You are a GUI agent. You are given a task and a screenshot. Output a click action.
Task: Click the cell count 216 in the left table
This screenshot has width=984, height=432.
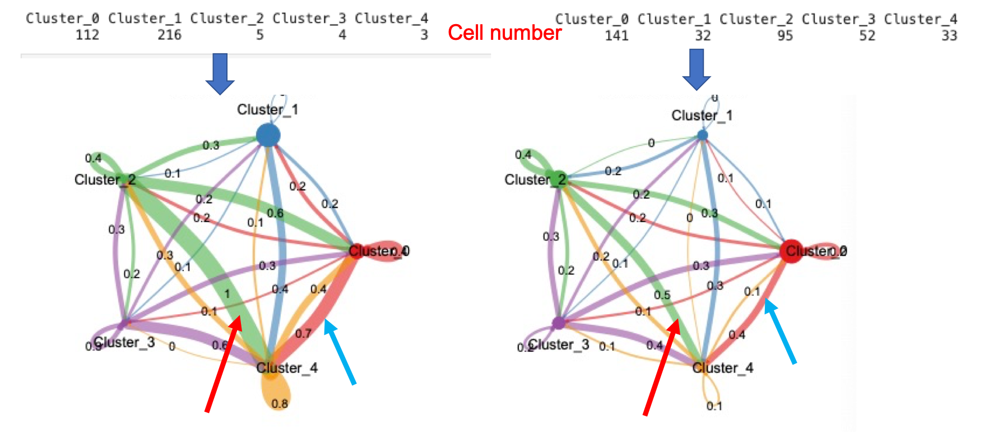[169, 35]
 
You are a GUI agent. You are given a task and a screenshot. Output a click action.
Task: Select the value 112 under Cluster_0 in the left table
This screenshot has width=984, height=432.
[87, 35]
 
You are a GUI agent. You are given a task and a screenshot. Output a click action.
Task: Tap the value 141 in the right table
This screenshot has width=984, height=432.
[616, 35]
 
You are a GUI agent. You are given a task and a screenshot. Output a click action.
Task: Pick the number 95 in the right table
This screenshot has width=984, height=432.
[785, 35]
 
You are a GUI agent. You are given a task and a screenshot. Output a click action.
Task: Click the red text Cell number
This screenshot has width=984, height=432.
[504, 33]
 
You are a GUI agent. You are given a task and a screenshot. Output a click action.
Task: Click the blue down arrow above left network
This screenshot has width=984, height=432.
[220, 73]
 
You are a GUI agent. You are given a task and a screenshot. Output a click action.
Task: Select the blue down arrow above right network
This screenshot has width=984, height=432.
[697, 69]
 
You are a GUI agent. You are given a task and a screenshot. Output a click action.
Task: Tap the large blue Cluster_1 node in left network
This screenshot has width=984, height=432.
[268, 135]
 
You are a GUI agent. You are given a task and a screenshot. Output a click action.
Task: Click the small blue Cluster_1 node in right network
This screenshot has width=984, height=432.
[702, 135]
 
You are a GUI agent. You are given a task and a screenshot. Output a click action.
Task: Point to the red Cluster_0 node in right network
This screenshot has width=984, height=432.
[791, 251]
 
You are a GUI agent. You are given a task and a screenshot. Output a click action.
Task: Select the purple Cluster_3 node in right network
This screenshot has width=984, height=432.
[558, 323]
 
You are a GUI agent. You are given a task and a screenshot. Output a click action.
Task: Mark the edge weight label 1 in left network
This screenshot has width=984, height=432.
[227, 293]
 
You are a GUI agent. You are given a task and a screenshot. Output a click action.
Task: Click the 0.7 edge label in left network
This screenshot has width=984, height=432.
[303, 333]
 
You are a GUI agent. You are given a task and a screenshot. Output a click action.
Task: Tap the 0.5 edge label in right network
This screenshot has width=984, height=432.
[662, 295]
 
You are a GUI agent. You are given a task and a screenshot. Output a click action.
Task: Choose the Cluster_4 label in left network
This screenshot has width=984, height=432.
[287, 368]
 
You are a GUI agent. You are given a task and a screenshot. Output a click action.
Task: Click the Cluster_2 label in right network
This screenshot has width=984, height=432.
[535, 180]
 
